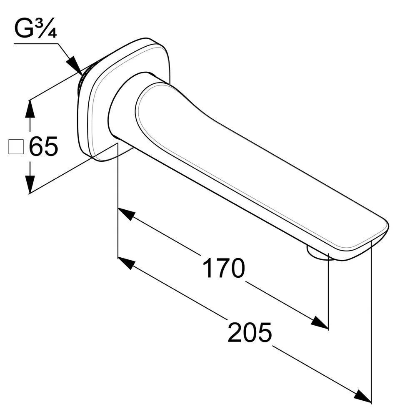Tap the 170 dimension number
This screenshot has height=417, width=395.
[x=223, y=268]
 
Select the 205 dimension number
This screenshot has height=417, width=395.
[x=250, y=332]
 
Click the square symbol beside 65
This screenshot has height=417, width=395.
[x=16, y=146]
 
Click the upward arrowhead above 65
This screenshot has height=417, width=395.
[x=30, y=108]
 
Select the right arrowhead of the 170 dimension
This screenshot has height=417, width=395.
[x=320, y=322]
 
